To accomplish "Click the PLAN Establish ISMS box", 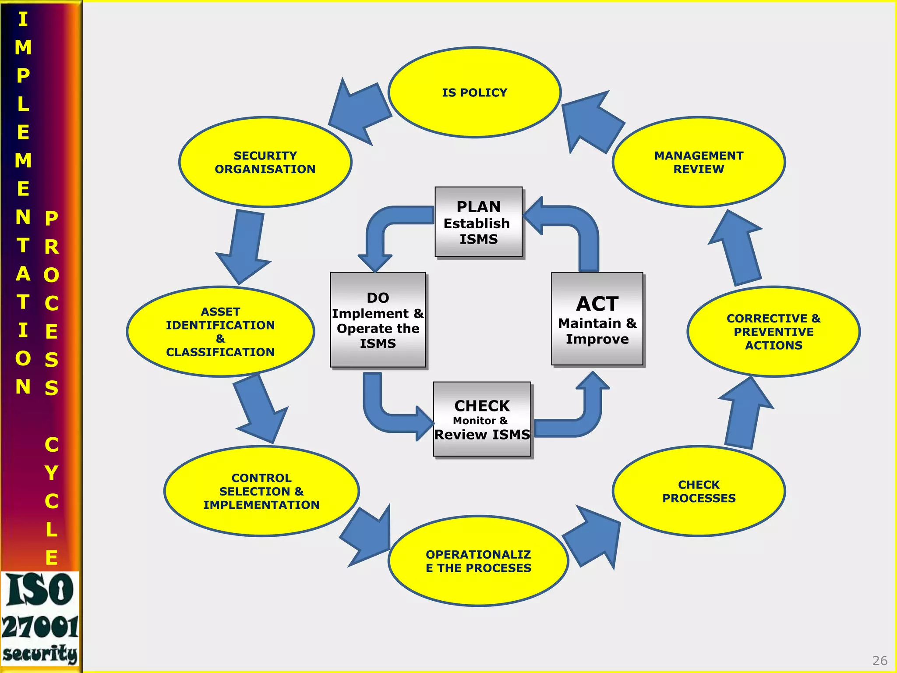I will [x=478, y=222].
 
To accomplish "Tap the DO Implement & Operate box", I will [x=378, y=320].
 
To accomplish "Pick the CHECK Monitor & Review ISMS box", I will [x=482, y=419].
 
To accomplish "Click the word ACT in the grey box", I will [x=597, y=304].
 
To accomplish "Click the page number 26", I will [x=879, y=660].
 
